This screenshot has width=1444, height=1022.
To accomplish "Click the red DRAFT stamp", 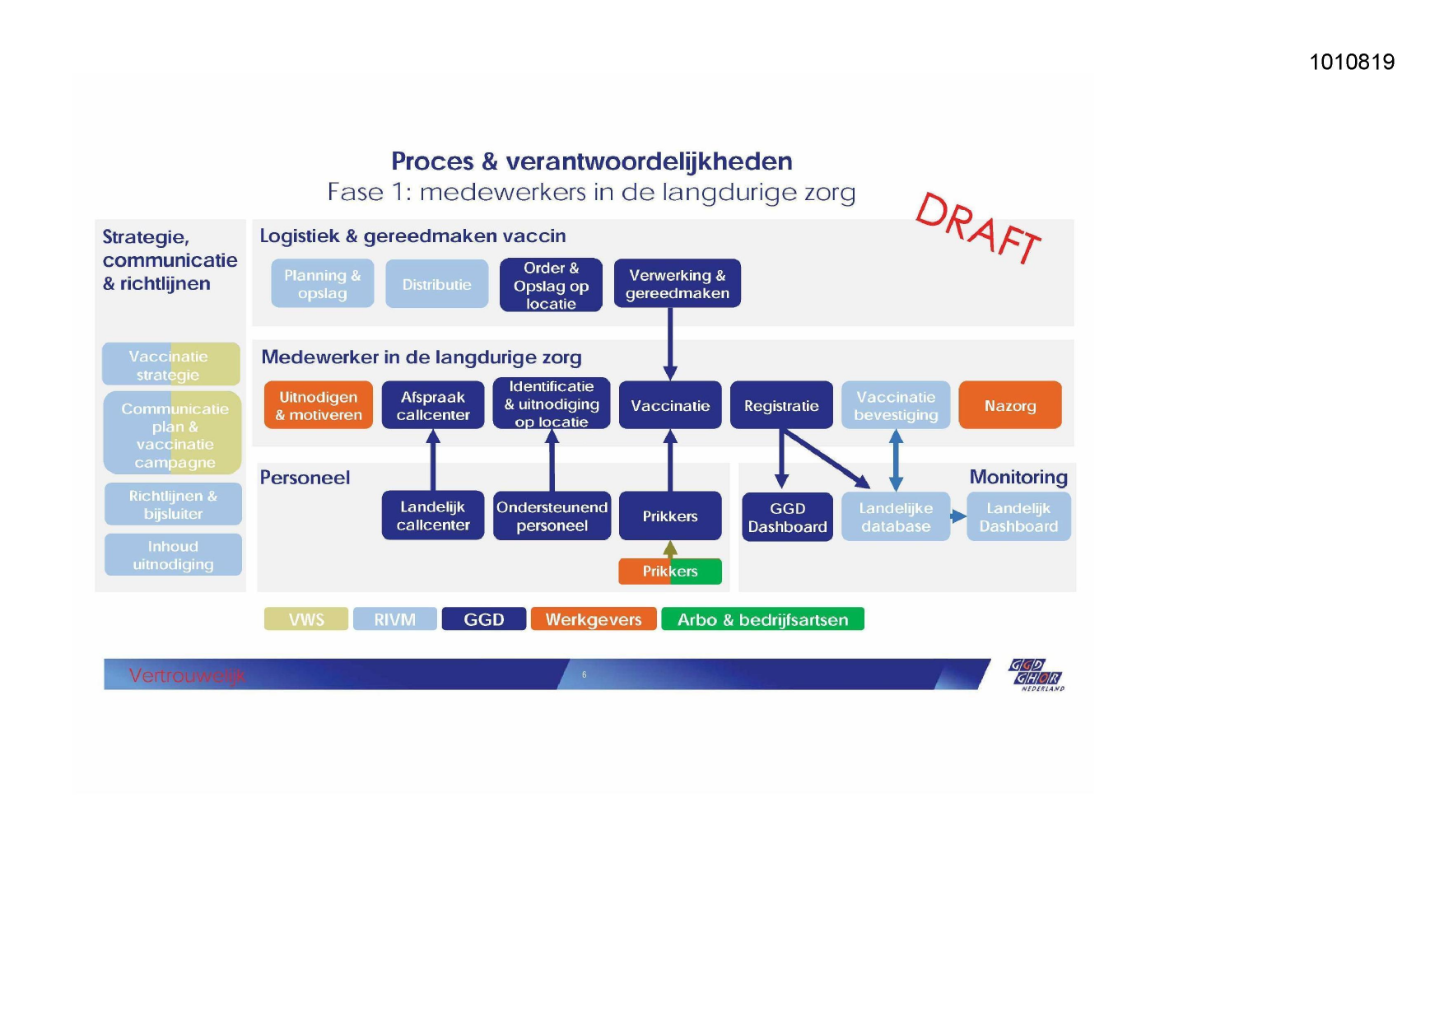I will tap(978, 227).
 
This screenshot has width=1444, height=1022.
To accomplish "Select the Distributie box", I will tap(436, 284).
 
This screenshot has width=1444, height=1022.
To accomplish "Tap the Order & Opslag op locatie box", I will tap(551, 285).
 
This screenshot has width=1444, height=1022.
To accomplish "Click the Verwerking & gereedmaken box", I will tap(677, 284).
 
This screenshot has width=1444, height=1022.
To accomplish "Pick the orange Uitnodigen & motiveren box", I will tap(318, 405).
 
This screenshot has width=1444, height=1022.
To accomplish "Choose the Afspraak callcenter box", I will tap(432, 405).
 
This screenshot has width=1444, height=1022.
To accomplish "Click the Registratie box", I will tap(781, 405).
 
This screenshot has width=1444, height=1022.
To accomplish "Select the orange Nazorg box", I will tap(1009, 405).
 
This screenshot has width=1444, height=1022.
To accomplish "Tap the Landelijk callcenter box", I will tap(432, 516).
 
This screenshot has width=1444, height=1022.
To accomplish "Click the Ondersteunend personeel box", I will tap(552, 516).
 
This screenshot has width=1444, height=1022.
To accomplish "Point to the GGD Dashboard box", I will tap(787, 517).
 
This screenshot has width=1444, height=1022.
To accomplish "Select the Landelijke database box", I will tap(896, 517).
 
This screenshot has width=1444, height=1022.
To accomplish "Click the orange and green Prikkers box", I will tap(670, 572).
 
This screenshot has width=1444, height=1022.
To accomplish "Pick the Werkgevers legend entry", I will tap(593, 619).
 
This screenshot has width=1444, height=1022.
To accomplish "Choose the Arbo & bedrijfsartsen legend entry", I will tap(762, 619).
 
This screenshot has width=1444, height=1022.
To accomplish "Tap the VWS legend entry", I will tap(306, 619).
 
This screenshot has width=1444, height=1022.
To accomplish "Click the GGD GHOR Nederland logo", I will tap(1036, 674).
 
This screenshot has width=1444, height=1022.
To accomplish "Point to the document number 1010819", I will tap(1352, 62).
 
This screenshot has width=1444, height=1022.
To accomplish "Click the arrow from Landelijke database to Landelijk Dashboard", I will tap(958, 516).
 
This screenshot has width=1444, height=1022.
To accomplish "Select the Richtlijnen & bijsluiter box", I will tap(173, 504).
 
